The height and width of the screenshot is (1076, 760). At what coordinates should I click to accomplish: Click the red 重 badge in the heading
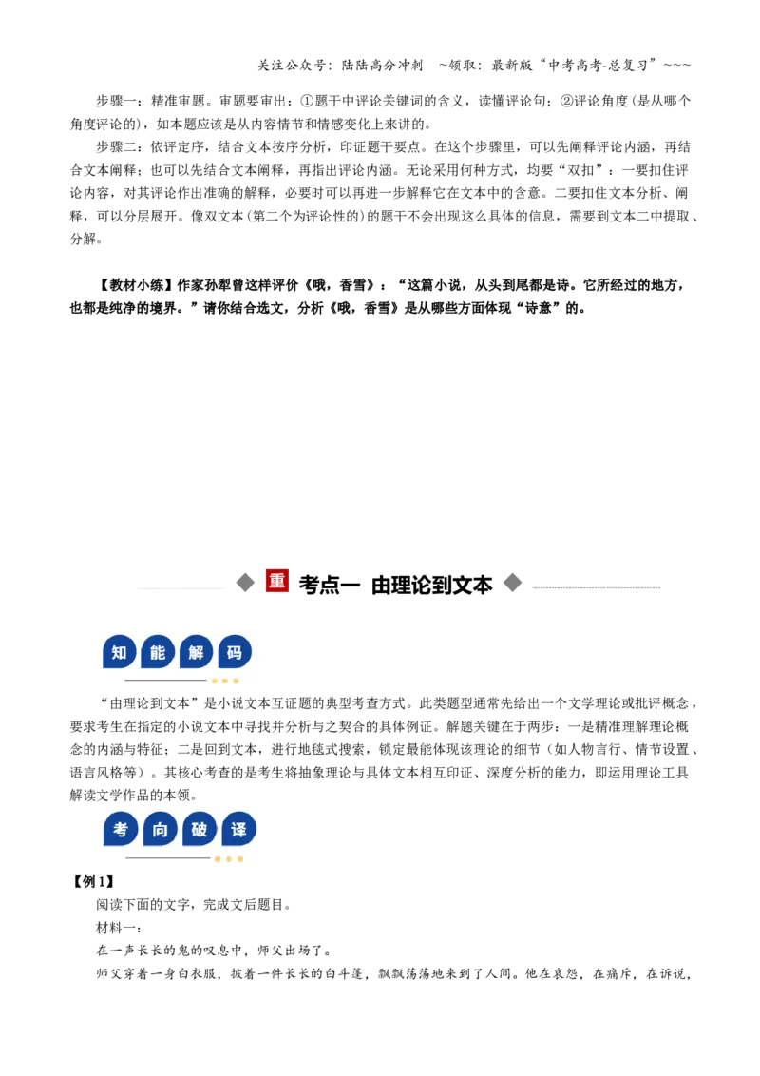click(277, 582)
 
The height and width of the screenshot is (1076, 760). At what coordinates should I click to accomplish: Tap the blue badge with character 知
click(120, 652)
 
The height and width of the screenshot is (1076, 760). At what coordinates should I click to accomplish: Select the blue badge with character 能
click(158, 652)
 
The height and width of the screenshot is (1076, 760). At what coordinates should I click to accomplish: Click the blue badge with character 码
click(235, 652)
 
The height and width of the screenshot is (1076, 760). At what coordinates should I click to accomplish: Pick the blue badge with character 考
click(121, 829)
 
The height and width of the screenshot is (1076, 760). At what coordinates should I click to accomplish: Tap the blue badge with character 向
click(160, 829)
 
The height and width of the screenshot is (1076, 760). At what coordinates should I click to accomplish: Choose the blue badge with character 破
click(199, 829)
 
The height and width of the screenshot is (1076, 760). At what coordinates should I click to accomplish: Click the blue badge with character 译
click(238, 829)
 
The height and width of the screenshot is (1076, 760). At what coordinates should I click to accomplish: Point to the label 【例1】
click(93, 882)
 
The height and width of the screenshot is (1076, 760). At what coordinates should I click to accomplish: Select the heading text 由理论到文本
click(432, 585)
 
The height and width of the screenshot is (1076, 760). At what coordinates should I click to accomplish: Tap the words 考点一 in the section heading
click(330, 585)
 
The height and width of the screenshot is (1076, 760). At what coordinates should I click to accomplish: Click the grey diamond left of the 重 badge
click(245, 584)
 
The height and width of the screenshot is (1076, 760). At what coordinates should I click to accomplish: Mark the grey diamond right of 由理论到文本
click(512, 584)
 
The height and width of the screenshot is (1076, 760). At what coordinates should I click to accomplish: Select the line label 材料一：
click(119, 928)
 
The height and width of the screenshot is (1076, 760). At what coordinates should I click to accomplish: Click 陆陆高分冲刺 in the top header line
click(382, 66)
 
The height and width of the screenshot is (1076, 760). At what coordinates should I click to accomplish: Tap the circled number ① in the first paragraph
click(307, 101)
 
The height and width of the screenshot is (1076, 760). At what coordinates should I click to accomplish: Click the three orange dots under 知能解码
click(225, 681)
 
